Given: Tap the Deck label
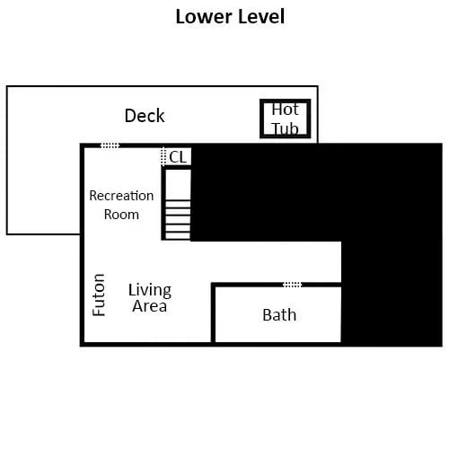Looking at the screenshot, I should point(145,116).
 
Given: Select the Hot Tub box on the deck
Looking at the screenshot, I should point(286,119).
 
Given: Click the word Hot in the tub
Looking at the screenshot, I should point(286,110).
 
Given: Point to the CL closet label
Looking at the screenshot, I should point(178,156).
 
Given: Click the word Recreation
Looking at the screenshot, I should point(121,196).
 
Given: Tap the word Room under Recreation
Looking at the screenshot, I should point(121,215).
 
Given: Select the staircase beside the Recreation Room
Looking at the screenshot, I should point(178,205).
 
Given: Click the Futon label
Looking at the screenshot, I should point(100,294).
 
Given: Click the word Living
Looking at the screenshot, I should point(149,290).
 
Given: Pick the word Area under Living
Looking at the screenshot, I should point(149,306).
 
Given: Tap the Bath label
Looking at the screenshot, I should point(279,315).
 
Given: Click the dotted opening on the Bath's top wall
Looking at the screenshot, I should point(292,285).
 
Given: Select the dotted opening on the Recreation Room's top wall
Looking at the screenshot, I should point(110,145).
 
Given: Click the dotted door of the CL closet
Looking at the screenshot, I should point(163,157).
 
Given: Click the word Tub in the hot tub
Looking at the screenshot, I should point(286,128).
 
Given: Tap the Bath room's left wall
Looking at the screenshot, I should point(213,314).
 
